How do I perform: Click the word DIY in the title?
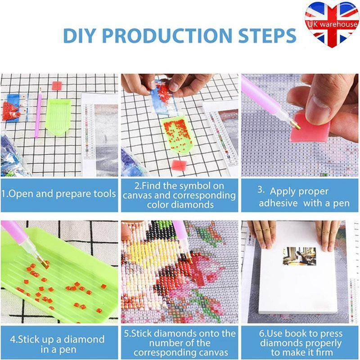(x=79, y=36)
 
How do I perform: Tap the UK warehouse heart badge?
(x=332, y=24)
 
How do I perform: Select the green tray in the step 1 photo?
(x=58, y=117)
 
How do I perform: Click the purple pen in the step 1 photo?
(x=38, y=112)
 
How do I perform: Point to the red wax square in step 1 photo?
(x=57, y=86)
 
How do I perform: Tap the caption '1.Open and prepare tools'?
(x=58, y=194)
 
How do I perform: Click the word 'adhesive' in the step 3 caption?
(x=278, y=203)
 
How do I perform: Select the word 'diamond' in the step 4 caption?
(x=84, y=339)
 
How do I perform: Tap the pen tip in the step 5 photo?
(x=189, y=256)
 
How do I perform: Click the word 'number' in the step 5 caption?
(x=164, y=343)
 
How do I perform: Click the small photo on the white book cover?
(x=299, y=256)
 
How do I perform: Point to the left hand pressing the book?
(x=262, y=234)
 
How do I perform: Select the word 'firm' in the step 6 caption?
(x=323, y=352)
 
